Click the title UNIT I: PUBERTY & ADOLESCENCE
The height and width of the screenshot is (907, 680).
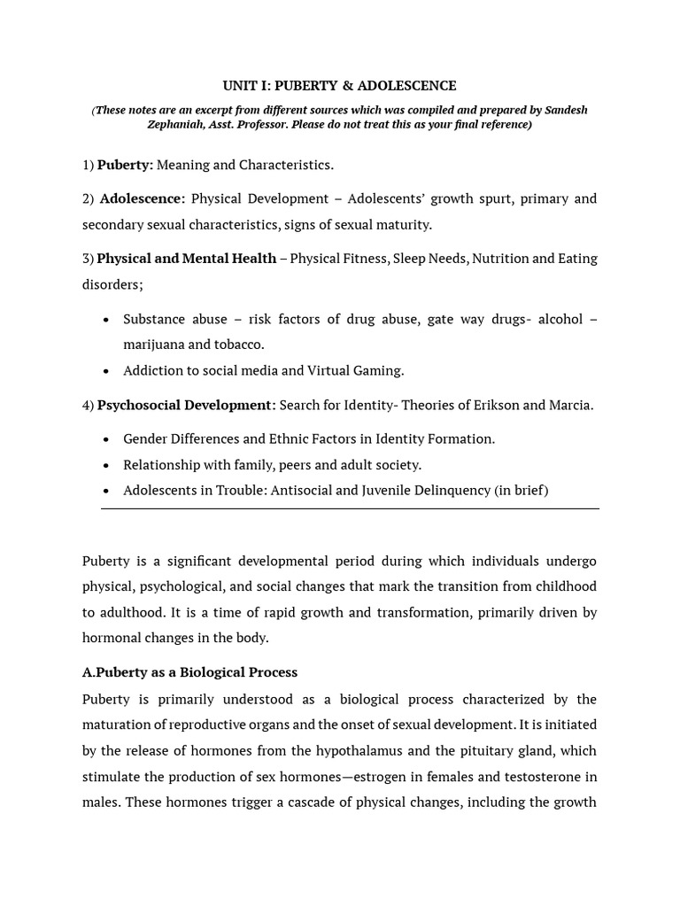tap(340, 86)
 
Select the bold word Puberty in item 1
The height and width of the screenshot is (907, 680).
tap(125, 165)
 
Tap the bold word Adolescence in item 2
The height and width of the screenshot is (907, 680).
tap(142, 198)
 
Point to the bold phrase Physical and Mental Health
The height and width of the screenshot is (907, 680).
tap(186, 259)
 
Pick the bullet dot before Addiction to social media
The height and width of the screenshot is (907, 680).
tap(107, 371)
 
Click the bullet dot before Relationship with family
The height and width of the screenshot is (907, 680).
tap(107, 465)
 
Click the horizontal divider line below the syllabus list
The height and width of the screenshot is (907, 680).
tap(350, 509)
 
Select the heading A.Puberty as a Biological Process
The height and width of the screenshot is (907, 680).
tap(189, 672)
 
